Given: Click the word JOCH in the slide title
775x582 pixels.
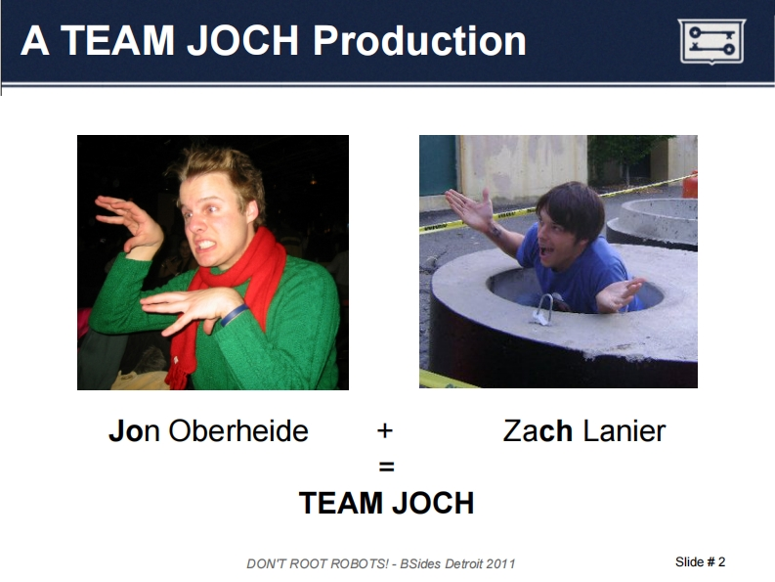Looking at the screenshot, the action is [242, 40].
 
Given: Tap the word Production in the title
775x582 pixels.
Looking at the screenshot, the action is [419, 40].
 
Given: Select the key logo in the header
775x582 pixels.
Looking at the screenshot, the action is [711, 41].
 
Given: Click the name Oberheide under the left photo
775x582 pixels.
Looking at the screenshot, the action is [238, 430].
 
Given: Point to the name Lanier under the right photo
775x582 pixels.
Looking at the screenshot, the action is [624, 430].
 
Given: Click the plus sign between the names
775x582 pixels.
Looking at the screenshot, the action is [385, 431].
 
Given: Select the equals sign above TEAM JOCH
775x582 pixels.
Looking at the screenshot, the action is [386, 467].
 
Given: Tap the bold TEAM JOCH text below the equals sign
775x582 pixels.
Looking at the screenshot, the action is [386, 503].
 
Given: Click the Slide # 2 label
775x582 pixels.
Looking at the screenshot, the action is [700, 561].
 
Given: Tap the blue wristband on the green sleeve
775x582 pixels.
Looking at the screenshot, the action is [235, 315].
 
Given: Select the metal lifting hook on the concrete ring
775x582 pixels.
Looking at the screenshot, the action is [544, 309].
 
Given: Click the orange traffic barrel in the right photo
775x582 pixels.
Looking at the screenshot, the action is [691, 185].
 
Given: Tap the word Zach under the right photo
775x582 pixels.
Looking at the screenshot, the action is [538, 430].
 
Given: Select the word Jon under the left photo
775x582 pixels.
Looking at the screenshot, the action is [134, 430].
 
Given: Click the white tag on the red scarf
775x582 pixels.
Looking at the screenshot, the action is [175, 360].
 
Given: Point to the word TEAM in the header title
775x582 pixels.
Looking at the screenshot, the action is [117, 40].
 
